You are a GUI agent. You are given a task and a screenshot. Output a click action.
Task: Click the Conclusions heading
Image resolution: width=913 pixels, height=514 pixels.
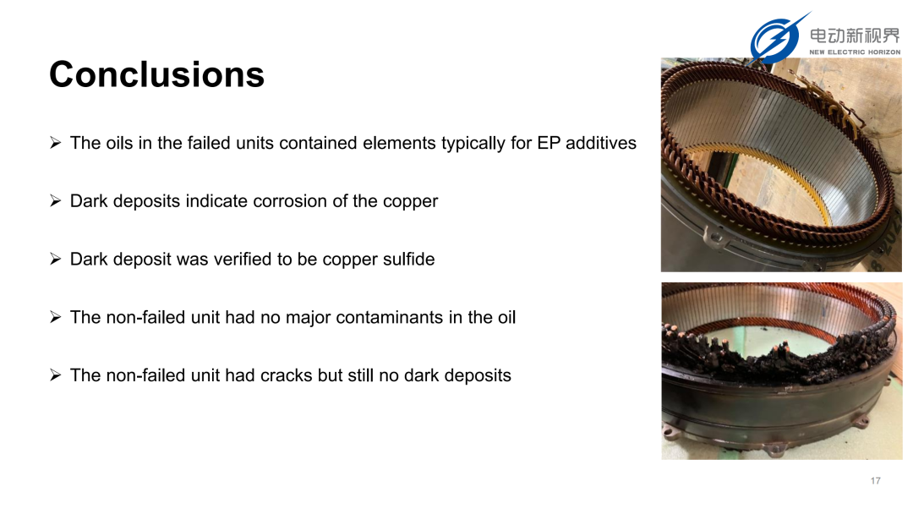coord(156,74)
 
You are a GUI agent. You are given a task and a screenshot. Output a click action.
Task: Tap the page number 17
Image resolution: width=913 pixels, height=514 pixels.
coord(875,481)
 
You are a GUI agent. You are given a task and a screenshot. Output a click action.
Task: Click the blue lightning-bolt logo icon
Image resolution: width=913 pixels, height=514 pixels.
coord(777,38)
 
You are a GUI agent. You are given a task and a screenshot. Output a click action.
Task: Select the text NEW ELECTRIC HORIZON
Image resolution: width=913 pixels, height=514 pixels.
coord(855,52)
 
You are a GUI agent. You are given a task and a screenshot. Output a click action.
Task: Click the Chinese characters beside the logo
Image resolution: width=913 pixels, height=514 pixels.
coord(855,36)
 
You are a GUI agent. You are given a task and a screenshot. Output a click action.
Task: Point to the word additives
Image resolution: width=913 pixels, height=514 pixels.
coord(601,143)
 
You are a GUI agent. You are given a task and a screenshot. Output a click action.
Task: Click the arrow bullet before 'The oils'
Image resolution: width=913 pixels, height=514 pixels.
coord(55,143)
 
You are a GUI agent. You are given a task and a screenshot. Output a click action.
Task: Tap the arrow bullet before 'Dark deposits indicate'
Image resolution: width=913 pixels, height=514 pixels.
coord(55,201)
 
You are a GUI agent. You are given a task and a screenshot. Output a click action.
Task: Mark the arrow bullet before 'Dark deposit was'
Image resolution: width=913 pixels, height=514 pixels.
coord(55,259)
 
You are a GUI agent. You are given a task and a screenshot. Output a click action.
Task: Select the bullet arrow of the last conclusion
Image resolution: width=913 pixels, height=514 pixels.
coord(55,375)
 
